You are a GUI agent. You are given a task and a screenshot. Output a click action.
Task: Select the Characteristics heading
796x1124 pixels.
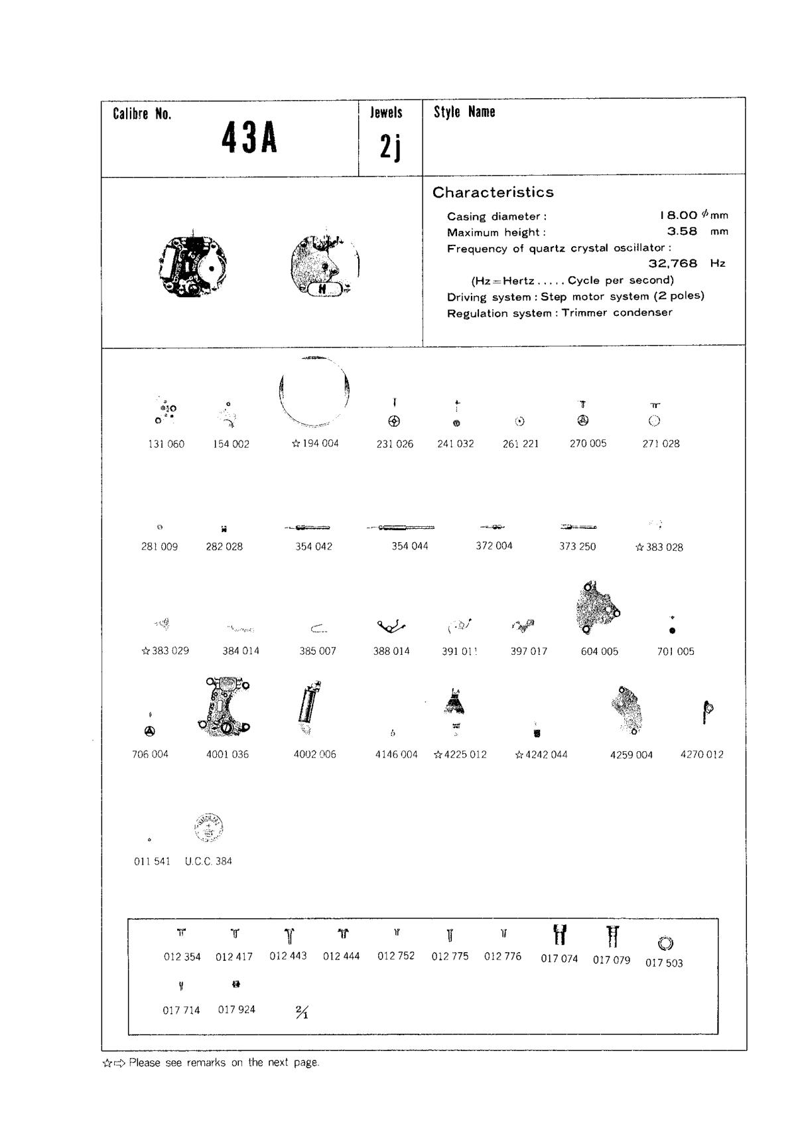[x=493, y=192]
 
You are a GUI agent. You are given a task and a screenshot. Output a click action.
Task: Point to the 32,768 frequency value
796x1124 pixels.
[x=673, y=263]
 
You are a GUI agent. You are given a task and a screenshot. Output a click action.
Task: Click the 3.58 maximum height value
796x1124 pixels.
[x=682, y=232]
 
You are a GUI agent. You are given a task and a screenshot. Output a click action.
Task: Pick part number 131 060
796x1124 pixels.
[x=166, y=444]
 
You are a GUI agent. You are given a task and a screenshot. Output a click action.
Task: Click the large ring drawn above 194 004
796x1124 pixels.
[x=314, y=391]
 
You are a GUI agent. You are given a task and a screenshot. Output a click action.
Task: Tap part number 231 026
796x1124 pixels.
[x=395, y=444]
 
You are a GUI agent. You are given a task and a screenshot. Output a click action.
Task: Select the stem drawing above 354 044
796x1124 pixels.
[x=401, y=527]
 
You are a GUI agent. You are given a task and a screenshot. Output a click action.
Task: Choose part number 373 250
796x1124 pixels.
[x=578, y=547]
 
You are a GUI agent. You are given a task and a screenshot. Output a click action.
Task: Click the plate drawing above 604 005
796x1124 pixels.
[x=597, y=607]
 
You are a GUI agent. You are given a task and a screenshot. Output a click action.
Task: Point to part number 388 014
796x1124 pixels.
[x=391, y=651]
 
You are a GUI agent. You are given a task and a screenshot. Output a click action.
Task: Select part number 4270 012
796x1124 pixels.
[x=702, y=754]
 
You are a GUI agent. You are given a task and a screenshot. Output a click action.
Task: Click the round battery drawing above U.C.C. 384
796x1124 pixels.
[x=208, y=828]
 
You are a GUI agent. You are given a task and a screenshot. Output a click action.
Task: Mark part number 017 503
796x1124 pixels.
[x=664, y=963]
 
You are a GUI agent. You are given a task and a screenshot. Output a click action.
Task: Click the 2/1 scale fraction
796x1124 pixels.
[x=302, y=1012]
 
